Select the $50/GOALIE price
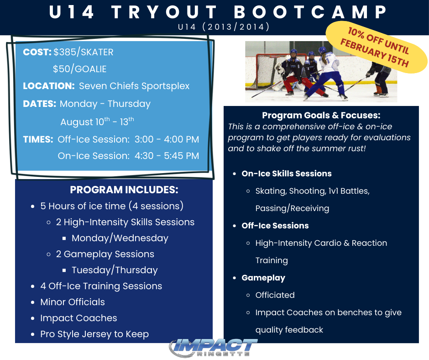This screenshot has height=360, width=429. click(x=79, y=69)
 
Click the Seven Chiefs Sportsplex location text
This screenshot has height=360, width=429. click(x=134, y=86)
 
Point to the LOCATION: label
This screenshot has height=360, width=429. click(x=49, y=86)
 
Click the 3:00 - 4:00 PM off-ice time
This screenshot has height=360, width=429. click(x=167, y=139)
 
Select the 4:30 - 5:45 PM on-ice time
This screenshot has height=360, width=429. click(x=167, y=156)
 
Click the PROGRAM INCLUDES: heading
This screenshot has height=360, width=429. click(x=124, y=190)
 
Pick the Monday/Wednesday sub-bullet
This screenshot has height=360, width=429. click(x=120, y=238)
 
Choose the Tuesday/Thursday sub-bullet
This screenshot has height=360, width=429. click(x=115, y=270)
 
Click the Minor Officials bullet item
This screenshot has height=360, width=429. click(x=73, y=302)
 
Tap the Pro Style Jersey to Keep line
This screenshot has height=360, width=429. click(x=94, y=334)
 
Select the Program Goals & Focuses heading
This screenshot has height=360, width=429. click(x=321, y=115)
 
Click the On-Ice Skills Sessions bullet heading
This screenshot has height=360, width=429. click(x=287, y=174)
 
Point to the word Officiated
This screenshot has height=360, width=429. click(x=275, y=295)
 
